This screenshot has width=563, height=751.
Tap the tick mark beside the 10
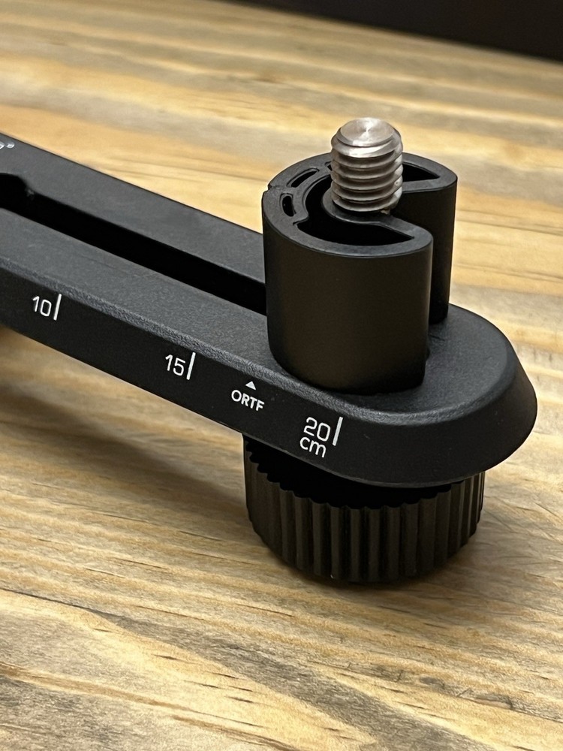(56, 306)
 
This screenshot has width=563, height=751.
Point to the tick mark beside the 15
(190, 365)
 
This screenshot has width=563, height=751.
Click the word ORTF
(247, 395)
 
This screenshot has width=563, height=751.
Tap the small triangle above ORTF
(249, 383)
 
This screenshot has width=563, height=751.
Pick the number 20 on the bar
(315, 427)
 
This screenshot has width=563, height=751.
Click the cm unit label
(312, 446)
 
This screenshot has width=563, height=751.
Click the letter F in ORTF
(260, 397)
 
